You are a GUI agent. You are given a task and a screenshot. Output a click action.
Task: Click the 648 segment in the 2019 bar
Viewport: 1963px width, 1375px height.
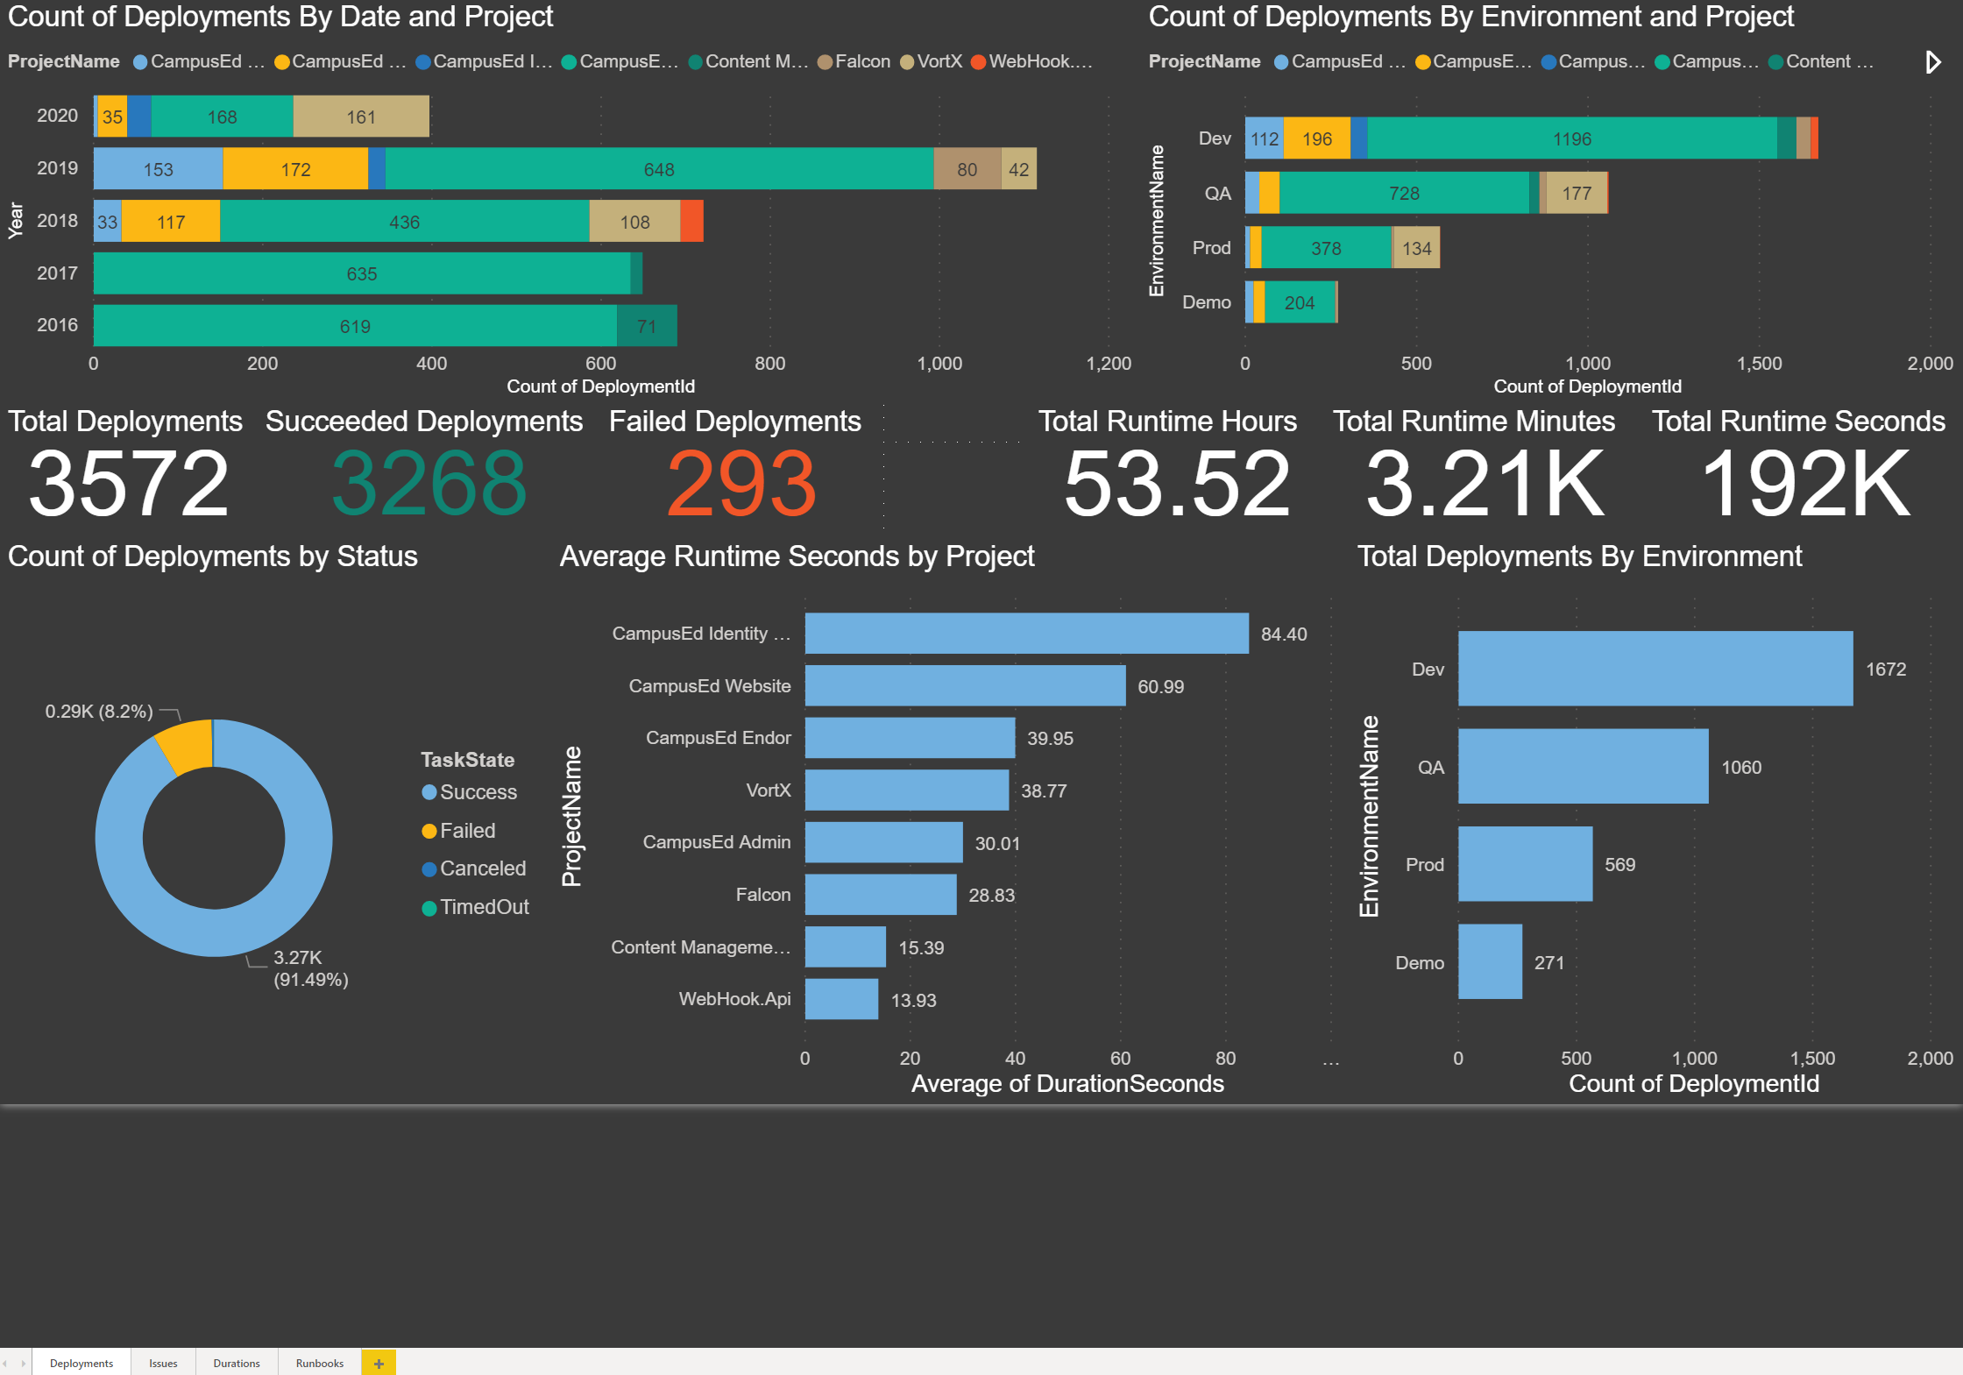click(659, 169)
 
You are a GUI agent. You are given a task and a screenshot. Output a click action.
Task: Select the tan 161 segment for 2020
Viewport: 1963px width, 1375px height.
click(361, 117)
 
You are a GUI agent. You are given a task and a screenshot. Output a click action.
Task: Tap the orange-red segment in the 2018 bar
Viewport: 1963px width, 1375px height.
click(691, 222)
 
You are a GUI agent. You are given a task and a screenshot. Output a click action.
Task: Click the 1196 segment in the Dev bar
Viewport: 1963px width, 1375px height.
click(1571, 138)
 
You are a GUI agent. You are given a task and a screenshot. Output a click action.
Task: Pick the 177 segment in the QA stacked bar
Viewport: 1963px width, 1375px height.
click(1576, 193)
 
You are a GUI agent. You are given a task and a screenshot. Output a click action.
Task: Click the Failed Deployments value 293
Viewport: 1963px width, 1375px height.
click(741, 484)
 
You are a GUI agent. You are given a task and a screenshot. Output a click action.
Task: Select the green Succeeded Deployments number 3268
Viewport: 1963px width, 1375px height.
click(429, 484)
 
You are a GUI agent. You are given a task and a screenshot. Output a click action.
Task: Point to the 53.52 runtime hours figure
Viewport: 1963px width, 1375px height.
click(1176, 484)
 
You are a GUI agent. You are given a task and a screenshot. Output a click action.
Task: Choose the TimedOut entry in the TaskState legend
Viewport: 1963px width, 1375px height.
click(484, 907)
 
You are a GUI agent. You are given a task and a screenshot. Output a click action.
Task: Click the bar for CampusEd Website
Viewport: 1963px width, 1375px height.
click(964, 686)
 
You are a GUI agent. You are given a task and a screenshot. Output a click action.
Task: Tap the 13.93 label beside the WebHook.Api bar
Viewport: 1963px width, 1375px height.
click(913, 1000)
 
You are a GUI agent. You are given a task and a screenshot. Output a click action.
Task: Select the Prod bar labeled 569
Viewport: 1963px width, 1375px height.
click(1525, 864)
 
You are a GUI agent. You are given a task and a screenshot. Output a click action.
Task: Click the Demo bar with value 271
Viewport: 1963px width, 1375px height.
click(1490, 961)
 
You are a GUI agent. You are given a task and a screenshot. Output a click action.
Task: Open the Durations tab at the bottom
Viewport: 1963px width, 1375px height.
click(237, 1363)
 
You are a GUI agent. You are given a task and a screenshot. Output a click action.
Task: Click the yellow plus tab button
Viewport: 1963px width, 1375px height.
click(379, 1363)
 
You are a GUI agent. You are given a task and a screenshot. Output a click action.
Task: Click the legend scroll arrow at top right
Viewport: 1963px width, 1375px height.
click(1932, 62)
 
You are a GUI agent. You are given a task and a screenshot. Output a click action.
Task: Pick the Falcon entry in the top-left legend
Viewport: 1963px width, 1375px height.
click(862, 61)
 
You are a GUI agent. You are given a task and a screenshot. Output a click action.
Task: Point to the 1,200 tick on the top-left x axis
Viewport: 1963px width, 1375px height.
click(1109, 364)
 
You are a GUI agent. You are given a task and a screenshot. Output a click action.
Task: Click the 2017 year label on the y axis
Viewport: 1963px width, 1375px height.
click(57, 273)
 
